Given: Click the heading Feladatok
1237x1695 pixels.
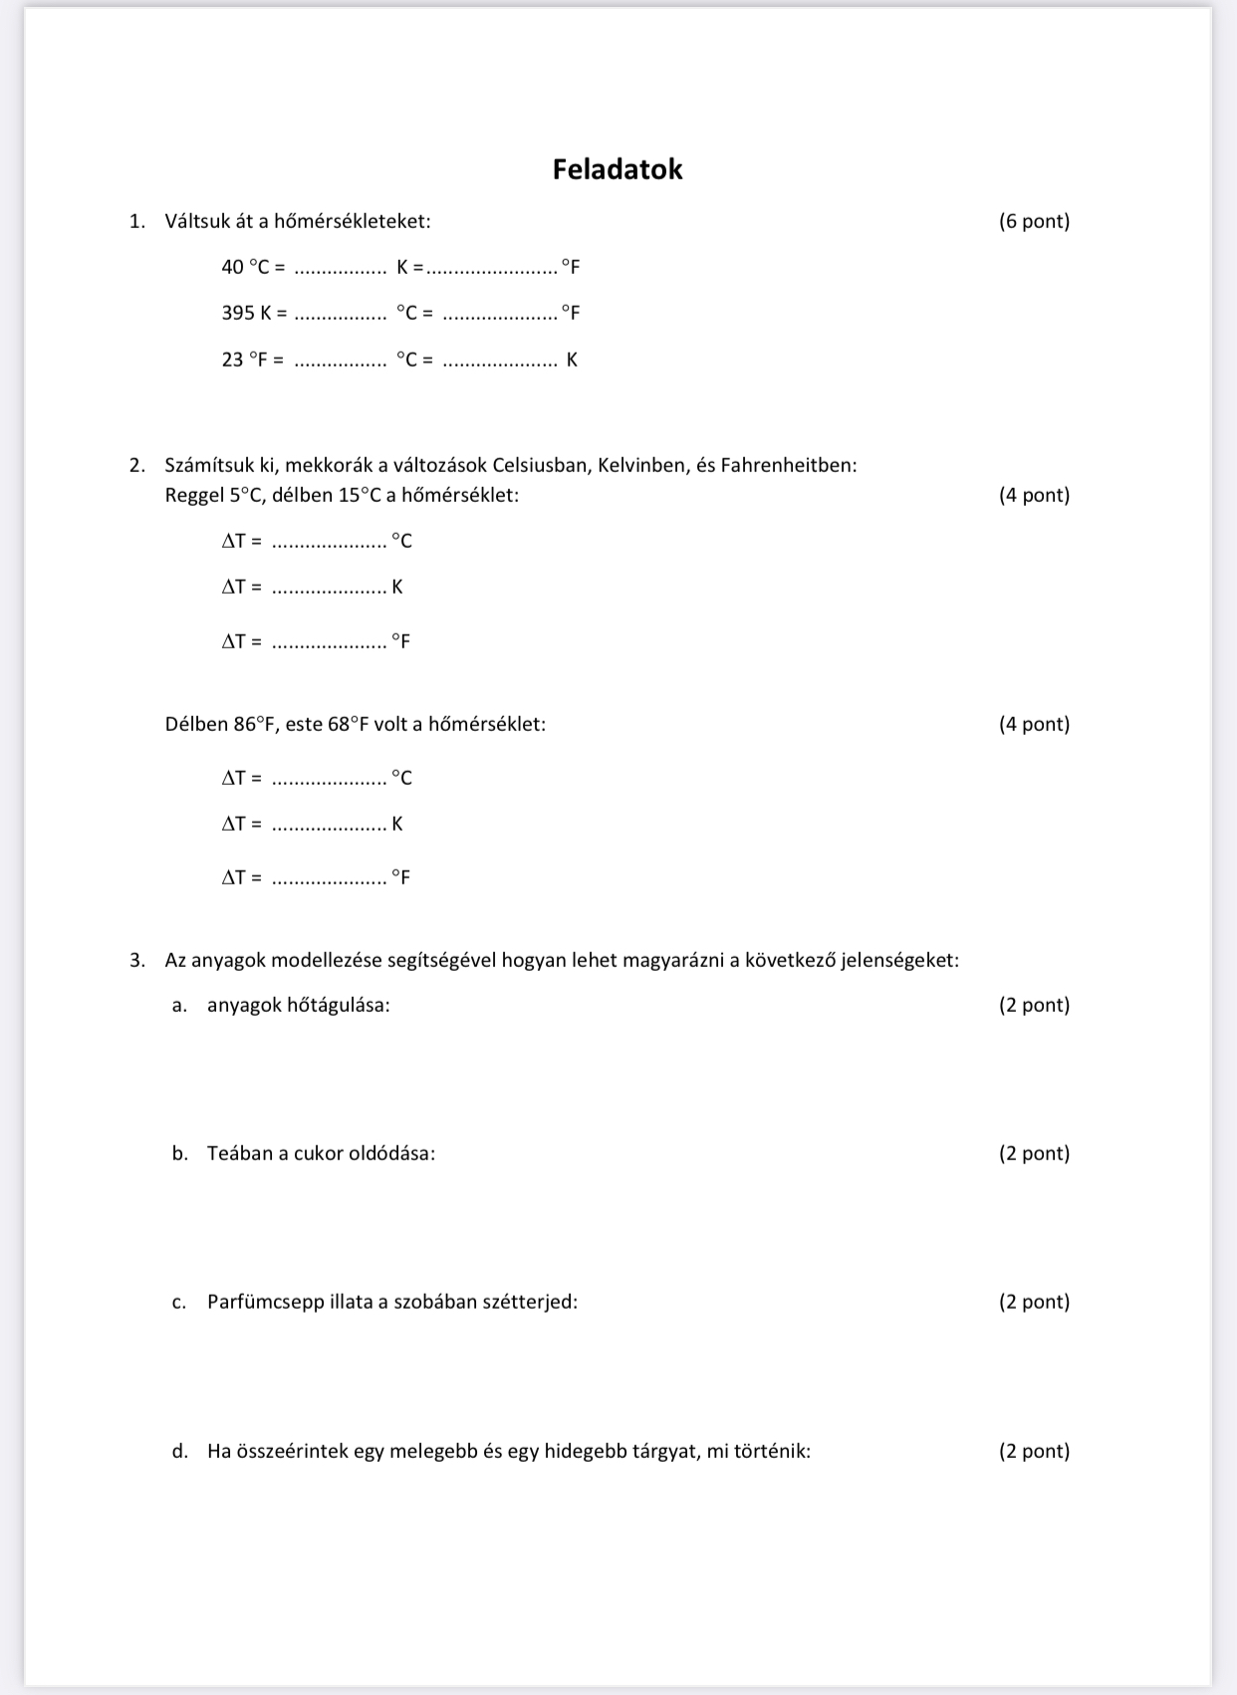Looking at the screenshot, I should pyautogui.click(x=618, y=169).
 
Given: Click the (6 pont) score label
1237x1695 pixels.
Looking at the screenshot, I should pyautogui.click(x=1034, y=221).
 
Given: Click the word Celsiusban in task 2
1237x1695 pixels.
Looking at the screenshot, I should pyautogui.click(x=540, y=465).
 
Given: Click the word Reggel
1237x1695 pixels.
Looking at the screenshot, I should pyautogui.click(x=194, y=495).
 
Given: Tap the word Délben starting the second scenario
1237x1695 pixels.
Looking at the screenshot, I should pyautogui.click(x=196, y=724).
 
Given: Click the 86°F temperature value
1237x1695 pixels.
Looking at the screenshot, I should pyautogui.click(x=254, y=724).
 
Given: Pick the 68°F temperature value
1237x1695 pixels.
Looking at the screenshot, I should pyautogui.click(x=348, y=724).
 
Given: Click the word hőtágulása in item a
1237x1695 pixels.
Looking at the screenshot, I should pyautogui.click(x=338, y=1005).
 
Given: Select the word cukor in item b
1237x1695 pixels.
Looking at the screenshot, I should pyautogui.click(x=318, y=1153).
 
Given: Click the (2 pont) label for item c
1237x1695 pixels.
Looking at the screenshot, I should pyautogui.click(x=1034, y=1302).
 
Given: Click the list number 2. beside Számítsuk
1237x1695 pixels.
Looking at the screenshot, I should pyautogui.click(x=137, y=465).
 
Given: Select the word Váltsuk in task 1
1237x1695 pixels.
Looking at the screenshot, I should pyautogui.click(x=197, y=221).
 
